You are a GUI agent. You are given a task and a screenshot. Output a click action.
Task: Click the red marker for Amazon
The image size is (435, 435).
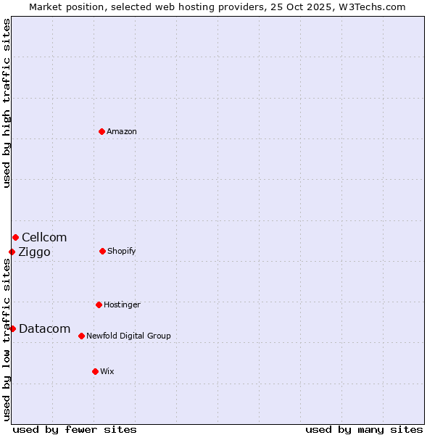point(102,131)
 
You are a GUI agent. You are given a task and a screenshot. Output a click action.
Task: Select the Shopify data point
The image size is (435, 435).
point(102,251)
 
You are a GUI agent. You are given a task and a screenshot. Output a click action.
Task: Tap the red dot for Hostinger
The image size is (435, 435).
point(99,304)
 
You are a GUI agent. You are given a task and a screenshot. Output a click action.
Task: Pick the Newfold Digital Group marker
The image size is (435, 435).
point(81,336)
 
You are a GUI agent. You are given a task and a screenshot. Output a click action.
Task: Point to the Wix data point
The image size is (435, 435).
point(95,371)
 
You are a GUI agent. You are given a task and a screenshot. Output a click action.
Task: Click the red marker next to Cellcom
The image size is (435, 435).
point(15,237)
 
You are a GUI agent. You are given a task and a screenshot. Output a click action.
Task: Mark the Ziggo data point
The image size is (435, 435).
point(12,252)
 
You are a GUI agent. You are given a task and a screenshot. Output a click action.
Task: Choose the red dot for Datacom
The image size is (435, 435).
point(12,328)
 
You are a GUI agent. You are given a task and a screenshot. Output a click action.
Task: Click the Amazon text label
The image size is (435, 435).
point(122,131)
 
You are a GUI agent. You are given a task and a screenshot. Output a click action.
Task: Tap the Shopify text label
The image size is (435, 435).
point(122,251)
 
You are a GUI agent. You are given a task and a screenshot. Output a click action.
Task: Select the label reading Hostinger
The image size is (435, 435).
point(122,304)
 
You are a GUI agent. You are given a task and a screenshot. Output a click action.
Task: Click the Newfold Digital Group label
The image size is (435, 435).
point(128,336)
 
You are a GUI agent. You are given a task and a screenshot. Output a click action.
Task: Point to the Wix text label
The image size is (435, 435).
point(107,371)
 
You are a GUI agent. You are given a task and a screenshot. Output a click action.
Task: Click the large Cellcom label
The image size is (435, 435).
point(44,237)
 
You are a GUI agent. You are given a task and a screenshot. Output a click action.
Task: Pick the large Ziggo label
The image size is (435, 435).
point(34,252)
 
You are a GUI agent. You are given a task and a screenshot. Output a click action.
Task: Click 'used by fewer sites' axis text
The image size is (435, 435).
point(75,429)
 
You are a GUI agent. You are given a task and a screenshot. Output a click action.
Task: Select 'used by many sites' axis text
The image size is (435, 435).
point(364,429)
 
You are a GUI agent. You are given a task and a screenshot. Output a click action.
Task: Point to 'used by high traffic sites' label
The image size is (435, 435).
point(7,103)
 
